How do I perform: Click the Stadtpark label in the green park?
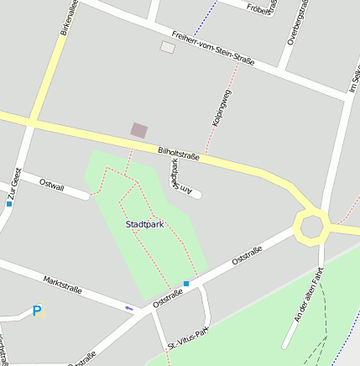(x=144, y=225)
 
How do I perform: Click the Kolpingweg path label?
(x=222, y=108)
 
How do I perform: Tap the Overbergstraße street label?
(x=293, y=24)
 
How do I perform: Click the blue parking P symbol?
(x=36, y=311)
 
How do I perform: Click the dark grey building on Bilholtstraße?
(x=139, y=130)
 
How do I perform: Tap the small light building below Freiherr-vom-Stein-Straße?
(x=168, y=47)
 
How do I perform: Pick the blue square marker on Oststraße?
(x=186, y=284)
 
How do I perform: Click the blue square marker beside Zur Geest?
(x=9, y=203)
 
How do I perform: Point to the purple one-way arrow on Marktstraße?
(x=128, y=308)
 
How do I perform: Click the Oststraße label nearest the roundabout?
(x=248, y=255)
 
